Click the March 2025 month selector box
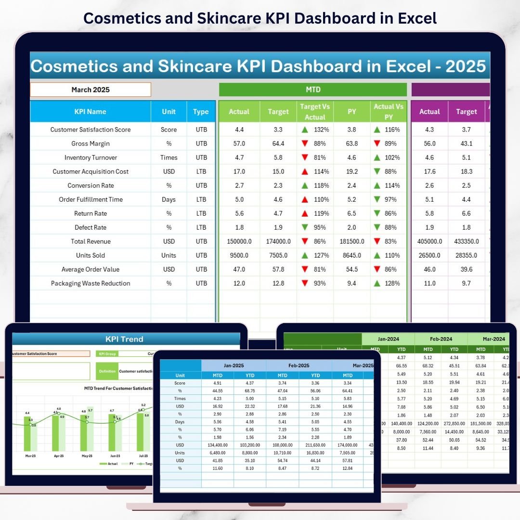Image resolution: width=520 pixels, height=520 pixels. (x=91, y=90)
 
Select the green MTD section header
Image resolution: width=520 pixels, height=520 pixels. (x=313, y=90)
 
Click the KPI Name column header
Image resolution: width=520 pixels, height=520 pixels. (x=90, y=112)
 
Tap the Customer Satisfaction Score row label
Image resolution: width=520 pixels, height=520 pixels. (x=90, y=130)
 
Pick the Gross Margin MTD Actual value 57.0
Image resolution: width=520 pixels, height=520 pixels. (x=239, y=143)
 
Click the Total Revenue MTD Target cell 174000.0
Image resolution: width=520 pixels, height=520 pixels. (x=278, y=242)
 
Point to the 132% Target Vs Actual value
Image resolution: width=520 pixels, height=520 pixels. (x=322, y=130)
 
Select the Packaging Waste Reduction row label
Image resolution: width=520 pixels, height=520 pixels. (x=90, y=284)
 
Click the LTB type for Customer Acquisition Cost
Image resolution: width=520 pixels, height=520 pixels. (x=201, y=171)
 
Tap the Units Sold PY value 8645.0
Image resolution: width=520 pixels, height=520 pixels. (x=352, y=256)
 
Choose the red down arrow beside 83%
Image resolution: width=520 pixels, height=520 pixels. (x=378, y=242)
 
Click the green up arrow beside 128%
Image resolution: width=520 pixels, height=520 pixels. (x=378, y=284)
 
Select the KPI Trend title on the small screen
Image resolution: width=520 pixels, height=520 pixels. (x=125, y=339)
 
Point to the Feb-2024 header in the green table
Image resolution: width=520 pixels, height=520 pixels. (x=441, y=339)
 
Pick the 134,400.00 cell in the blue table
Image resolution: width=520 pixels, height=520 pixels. (x=217, y=445)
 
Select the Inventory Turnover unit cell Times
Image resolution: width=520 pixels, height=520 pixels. (x=169, y=157)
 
